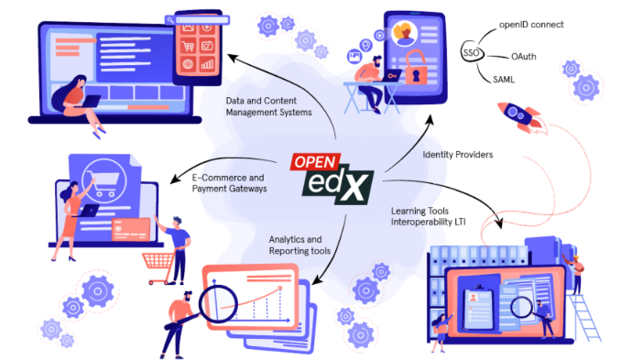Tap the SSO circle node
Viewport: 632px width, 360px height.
[x=472, y=54]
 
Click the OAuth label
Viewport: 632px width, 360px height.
[x=523, y=56]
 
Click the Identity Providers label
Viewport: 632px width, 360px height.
[x=457, y=155]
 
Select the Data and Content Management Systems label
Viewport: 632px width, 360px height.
[x=268, y=106]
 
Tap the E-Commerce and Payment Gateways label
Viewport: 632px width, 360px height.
[x=228, y=182]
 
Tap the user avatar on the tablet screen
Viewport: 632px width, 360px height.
[x=403, y=34]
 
